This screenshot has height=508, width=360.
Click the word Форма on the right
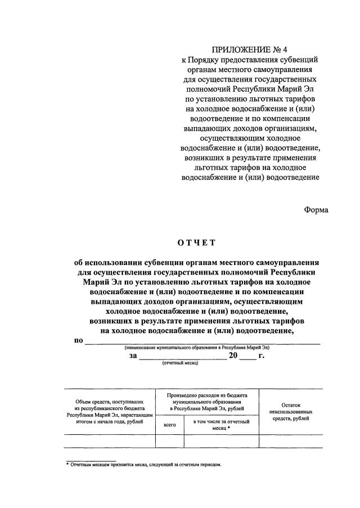(x=316, y=210)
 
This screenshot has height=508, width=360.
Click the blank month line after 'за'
(x=183, y=356)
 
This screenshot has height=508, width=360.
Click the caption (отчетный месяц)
(x=181, y=364)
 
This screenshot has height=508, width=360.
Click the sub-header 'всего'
(x=169, y=425)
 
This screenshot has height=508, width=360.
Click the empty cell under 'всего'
(x=169, y=440)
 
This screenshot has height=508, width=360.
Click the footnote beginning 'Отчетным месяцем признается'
(x=146, y=465)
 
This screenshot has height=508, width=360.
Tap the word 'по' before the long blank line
(x=79, y=340)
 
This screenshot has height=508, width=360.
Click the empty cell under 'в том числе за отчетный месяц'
(x=221, y=440)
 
